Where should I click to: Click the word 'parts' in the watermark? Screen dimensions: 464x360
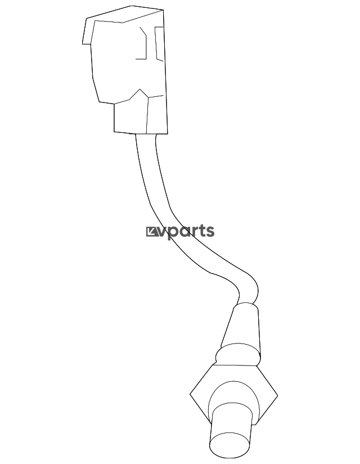coord(191,231)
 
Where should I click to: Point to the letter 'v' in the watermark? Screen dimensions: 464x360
coord(162,231)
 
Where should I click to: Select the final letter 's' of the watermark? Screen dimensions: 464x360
coord(210,231)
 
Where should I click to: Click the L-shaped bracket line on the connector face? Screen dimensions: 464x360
coord(144,45)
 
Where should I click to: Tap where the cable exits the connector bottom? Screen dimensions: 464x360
coord(145,136)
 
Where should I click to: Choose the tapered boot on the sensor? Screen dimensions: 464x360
coord(241,327)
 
